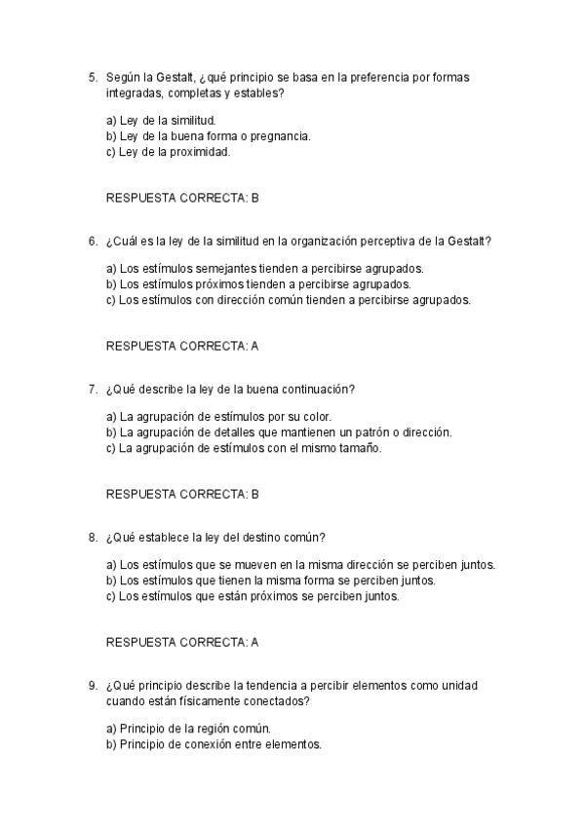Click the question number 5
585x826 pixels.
point(92,77)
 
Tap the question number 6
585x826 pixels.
point(92,241)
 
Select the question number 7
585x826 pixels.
point(92,389)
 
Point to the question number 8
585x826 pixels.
point(92,537)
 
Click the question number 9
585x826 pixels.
point(92,685)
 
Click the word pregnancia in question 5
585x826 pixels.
point(283,136)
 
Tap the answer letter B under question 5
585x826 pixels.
point(254,198)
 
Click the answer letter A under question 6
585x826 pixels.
point(254,346)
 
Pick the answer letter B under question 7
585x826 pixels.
point(254,494)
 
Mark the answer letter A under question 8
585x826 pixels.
point(254,642)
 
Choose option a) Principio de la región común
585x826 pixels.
point(188,729)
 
